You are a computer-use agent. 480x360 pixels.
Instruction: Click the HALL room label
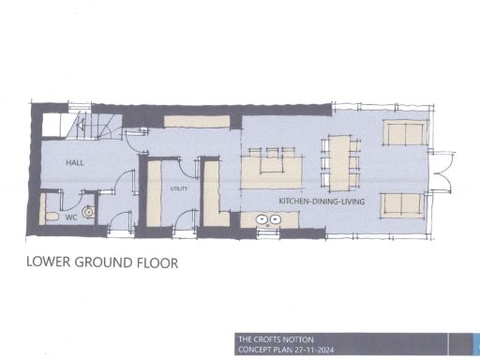coord(75,163)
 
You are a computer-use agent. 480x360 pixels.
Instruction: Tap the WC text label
coord(70,216)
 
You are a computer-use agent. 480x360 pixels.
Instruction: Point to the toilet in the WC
coord(52,216)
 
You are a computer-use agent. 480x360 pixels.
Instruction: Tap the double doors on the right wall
coord(441,169)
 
